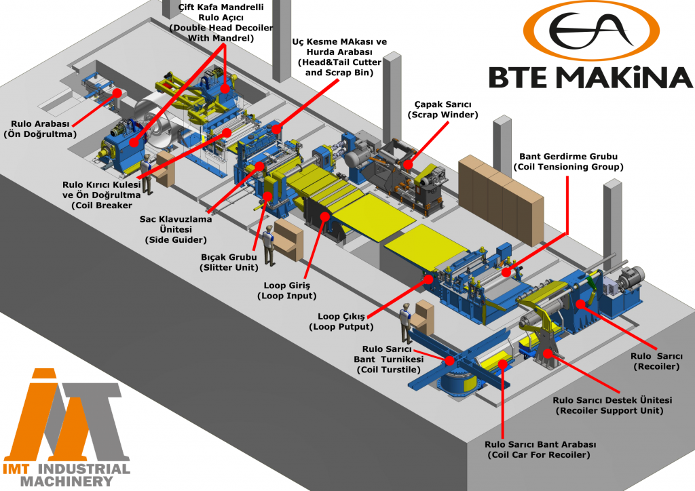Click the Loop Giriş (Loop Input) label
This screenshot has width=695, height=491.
pos(286,291)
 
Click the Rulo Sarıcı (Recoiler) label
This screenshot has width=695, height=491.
pos(655,361)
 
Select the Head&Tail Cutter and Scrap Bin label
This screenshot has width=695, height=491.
pos(339,58)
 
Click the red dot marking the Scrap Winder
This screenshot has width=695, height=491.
pos(407,163)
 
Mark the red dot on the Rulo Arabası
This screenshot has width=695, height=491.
pos(117,92)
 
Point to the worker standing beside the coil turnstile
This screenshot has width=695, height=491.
pos(406,322)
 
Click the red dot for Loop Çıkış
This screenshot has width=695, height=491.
pos(428,277)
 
